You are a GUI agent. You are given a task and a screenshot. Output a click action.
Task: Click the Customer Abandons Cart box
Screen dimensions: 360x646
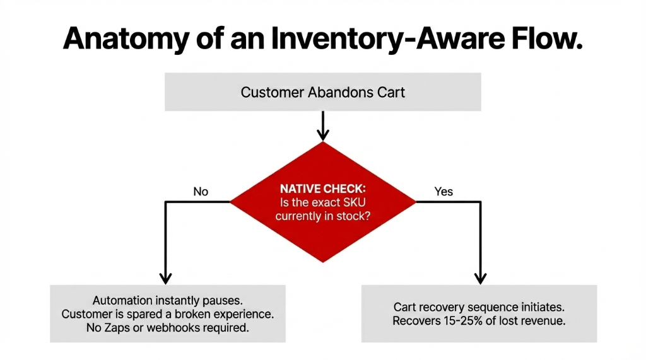coord(322,92)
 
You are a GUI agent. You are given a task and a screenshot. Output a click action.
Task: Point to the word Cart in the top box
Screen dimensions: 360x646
coord(391,92)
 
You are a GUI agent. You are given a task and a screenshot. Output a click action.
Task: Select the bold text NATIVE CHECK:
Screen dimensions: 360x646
coord(322,188)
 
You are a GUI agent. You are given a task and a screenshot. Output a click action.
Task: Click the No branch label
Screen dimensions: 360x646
coord(201,191)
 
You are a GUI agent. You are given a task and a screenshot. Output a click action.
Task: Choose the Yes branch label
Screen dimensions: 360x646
coord(443,191)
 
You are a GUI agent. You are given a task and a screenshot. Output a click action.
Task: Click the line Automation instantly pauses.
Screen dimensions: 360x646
coord(167,300)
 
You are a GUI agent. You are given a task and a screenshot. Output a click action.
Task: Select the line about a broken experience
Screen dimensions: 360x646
coord(167,313)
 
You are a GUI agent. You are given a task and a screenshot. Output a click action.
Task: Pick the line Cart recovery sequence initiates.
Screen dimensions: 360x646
coord(479,307)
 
